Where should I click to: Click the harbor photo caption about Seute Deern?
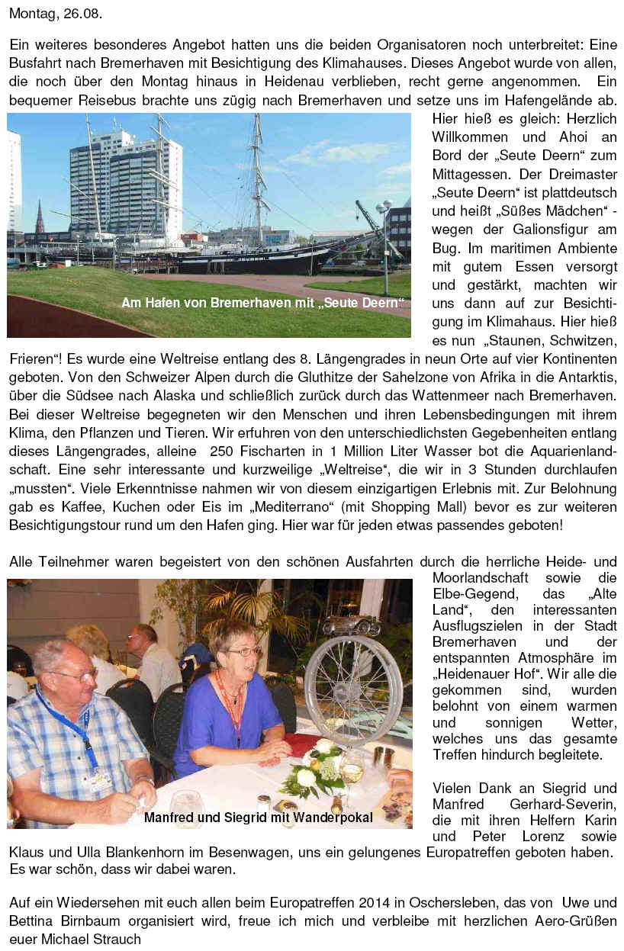pos(262,303)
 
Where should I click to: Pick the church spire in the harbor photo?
pos(40,217)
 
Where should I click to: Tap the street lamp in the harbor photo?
pos(384,229)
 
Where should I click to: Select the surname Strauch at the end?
pos(116,939)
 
